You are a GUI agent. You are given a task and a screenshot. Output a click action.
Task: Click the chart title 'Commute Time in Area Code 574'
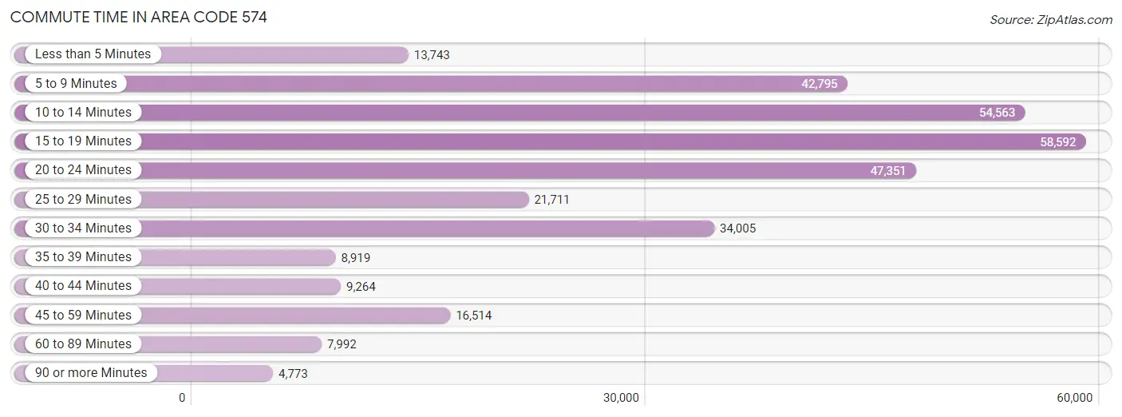click(139, 17)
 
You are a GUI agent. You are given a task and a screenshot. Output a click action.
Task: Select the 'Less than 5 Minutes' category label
click(93, 54)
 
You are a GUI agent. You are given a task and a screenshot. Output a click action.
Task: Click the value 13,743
click(432, 55)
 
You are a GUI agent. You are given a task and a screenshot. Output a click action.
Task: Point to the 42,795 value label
click(820, 84)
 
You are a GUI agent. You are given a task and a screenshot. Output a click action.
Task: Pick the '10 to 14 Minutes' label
click(83, 113)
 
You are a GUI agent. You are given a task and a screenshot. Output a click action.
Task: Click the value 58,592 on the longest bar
click(1058, 142)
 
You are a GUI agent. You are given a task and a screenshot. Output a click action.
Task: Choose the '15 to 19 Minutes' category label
click(83, 141)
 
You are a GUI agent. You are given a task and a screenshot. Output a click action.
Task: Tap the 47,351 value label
click(888, 171)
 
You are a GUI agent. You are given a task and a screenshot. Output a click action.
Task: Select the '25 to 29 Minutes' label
click(83, 200)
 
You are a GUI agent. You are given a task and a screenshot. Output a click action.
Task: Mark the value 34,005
click(737, 228)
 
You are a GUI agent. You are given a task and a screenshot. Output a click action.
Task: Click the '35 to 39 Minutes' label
click(83, 257)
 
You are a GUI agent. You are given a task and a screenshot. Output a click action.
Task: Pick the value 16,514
click(474, 316)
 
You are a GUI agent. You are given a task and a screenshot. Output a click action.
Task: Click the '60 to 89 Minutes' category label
click(83, 344)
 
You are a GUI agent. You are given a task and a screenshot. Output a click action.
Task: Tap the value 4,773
click(293, 374)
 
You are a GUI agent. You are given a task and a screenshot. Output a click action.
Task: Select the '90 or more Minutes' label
click(91, 373)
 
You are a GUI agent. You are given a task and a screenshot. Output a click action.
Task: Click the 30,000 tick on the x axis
click(621, 398)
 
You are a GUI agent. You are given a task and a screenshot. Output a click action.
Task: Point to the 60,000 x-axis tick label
click(1074, 398)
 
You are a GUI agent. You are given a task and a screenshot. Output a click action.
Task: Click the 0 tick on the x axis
click(182, 398)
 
